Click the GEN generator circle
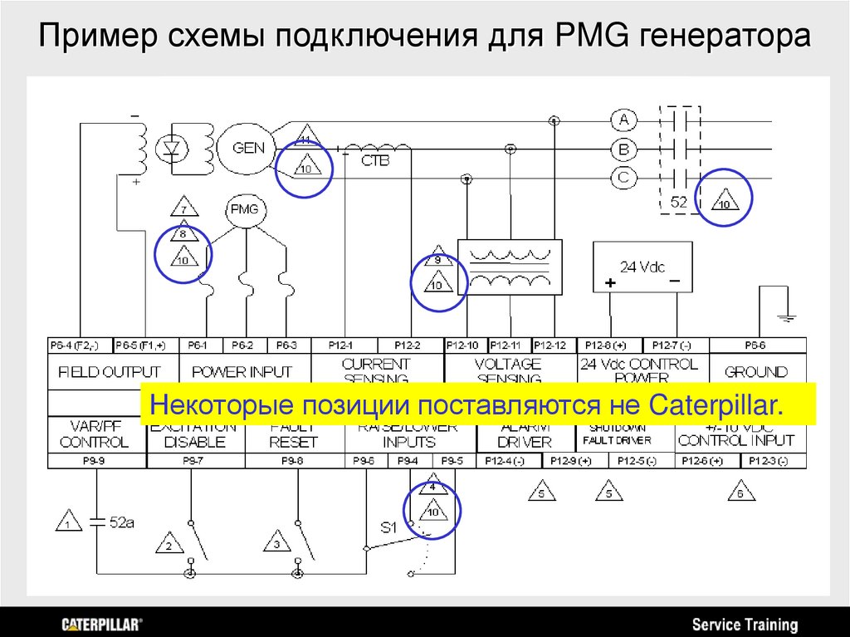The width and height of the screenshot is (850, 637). (x=248, y=149)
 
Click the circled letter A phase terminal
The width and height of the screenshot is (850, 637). (x=623, y=120)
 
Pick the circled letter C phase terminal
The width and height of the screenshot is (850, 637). (x=623, y=177)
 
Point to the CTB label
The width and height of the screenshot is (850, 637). (x=375, y=161)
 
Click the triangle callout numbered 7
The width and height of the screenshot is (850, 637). (x=183, y=208)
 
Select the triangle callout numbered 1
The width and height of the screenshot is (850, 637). (x=67, y=522)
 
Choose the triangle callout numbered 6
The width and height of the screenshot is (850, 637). (x=740, y=492)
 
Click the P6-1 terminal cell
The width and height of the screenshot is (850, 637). (x=197, y=345)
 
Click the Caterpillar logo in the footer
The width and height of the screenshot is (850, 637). (x=101, y=624)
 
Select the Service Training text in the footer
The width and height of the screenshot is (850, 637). (x=745, y=625)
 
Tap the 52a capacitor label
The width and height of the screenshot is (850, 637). (x=122, y=522)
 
